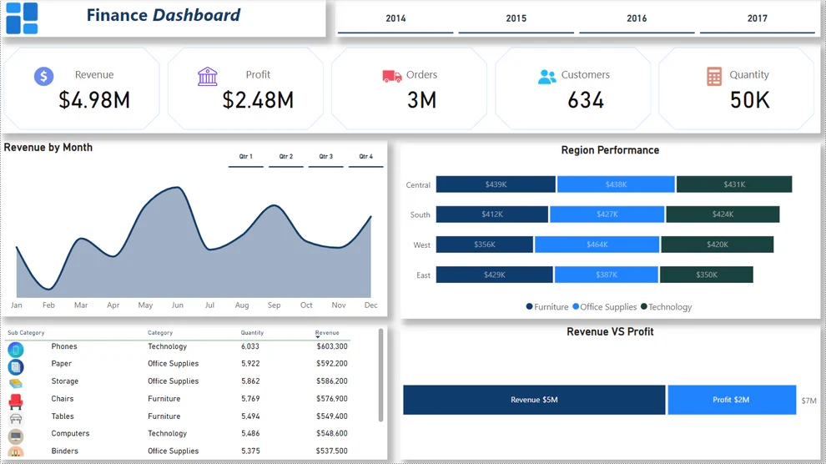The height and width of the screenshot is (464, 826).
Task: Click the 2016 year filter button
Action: pos(637,18)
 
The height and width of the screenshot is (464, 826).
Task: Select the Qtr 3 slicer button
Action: pos(325,157)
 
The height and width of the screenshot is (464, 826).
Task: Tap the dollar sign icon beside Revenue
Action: pos(43,76)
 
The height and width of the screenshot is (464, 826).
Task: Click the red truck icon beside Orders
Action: pos(391,76)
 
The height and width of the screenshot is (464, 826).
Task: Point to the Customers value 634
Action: pos(585,101)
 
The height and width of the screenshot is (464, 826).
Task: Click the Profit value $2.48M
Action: pos(258,101)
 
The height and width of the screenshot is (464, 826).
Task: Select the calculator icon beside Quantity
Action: pos(714,76)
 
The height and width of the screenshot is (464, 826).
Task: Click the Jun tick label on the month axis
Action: pos(177,305)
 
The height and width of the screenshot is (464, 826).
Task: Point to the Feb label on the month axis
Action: pos(48,305)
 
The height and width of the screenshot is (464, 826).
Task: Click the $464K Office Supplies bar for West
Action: pos(597,245)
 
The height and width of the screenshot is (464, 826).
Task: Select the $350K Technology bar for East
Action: pos(706,275)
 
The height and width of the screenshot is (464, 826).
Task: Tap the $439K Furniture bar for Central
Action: pos(496,184)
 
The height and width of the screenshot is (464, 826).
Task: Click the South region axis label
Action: pos(420,214)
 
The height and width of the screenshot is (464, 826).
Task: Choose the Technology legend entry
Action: pos(669,307)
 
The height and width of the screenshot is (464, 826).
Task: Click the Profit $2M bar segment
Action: pos(731,400)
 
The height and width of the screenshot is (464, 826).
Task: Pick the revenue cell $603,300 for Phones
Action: pos(331,346)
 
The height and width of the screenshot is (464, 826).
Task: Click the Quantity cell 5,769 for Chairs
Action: pos(250,399)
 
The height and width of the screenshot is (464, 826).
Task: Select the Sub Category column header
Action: pos(26,333)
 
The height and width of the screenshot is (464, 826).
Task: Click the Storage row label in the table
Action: pos(64,381)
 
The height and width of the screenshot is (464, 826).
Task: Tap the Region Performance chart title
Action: pos(610,150)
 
